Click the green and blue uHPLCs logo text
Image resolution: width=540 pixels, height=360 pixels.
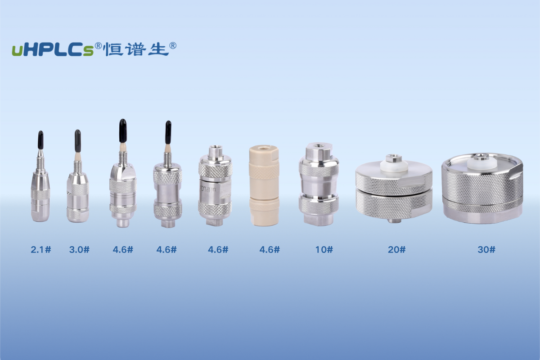coord(53,50)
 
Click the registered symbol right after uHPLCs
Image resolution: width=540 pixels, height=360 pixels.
coord(98,46)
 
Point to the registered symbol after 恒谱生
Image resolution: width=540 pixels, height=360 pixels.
coord(173,46)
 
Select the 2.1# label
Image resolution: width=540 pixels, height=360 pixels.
coord(41,250)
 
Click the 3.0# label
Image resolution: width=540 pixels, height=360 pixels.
coord(79,250)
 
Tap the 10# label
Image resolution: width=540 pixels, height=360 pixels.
coord(324,250)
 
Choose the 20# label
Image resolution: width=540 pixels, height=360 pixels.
coord(397,250)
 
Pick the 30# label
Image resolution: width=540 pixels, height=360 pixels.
coord(486,250)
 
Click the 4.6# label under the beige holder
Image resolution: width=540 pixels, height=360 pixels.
coord(270,250)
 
